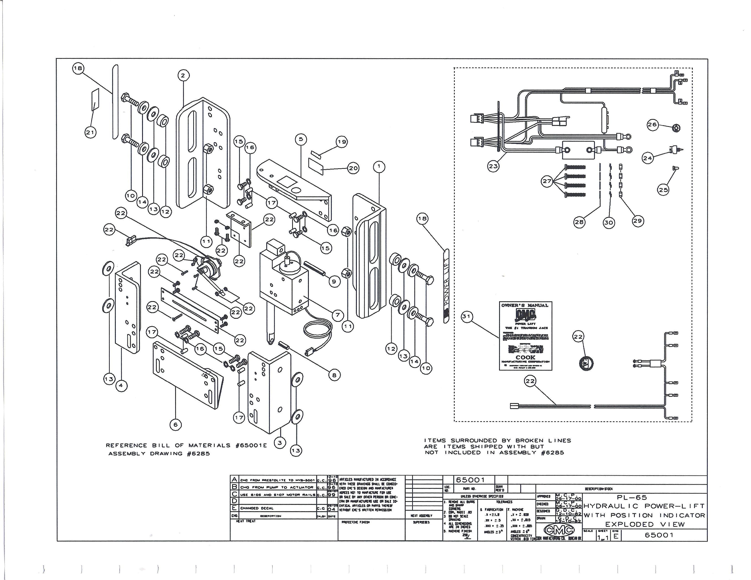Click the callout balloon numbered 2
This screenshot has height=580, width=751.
[183, 76]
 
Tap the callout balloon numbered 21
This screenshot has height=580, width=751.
[90, 133]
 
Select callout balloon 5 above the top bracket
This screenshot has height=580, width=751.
[301, 139]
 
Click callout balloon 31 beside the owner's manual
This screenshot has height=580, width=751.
[466, 317]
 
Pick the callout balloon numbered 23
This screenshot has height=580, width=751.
[493, 166]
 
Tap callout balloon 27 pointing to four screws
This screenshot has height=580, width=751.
[547, 181]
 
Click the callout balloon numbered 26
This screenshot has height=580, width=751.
[652, 125]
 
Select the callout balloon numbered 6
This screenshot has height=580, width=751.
[176, 425]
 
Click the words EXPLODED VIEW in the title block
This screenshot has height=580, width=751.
[645, 525]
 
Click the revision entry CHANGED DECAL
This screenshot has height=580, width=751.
[257, 508]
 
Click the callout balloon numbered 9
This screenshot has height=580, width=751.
[334, 282]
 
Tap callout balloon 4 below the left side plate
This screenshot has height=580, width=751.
[121, 385]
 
